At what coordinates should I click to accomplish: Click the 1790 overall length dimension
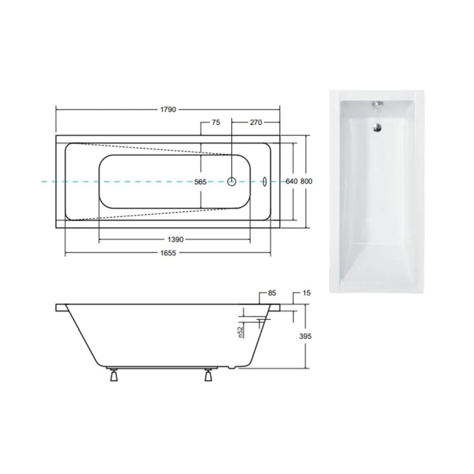click(x=168, y=110)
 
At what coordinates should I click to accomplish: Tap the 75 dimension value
click(x=216, y=123)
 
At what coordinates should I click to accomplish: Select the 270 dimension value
click(x=256, y=123)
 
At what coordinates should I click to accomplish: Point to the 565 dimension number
click(x=200, y=182)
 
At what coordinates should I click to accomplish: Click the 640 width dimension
click(x=292, y=181)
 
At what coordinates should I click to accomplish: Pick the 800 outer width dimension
click(x=306, y=181)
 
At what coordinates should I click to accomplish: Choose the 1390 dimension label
click(x=175, y=239)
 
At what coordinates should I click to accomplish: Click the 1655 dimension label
click(x=168, y=253)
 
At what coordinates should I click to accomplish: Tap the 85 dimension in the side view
click(x=272, y=293)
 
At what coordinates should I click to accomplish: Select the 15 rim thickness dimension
click(x=306, y=293)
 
